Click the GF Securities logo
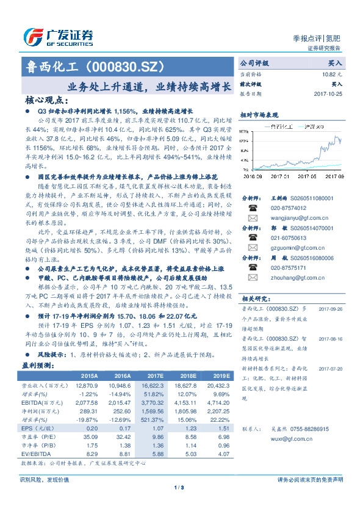[58, 36]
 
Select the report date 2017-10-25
[328, 95]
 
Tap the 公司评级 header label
[254, 63]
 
